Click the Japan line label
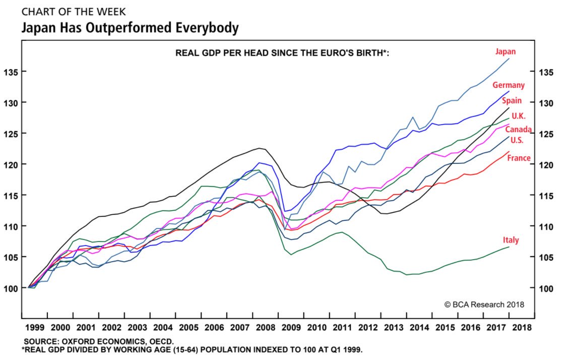coord(505,52)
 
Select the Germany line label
coord(509,85)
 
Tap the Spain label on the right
coord(512,101)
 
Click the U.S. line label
coord(517,141)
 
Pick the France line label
coord(519,158)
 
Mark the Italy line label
coord(511,241)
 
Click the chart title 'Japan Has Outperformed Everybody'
coord(130,28)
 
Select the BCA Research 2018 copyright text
coord(484,305)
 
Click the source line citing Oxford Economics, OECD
coord(99,341)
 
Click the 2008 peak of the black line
coord(259,148)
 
